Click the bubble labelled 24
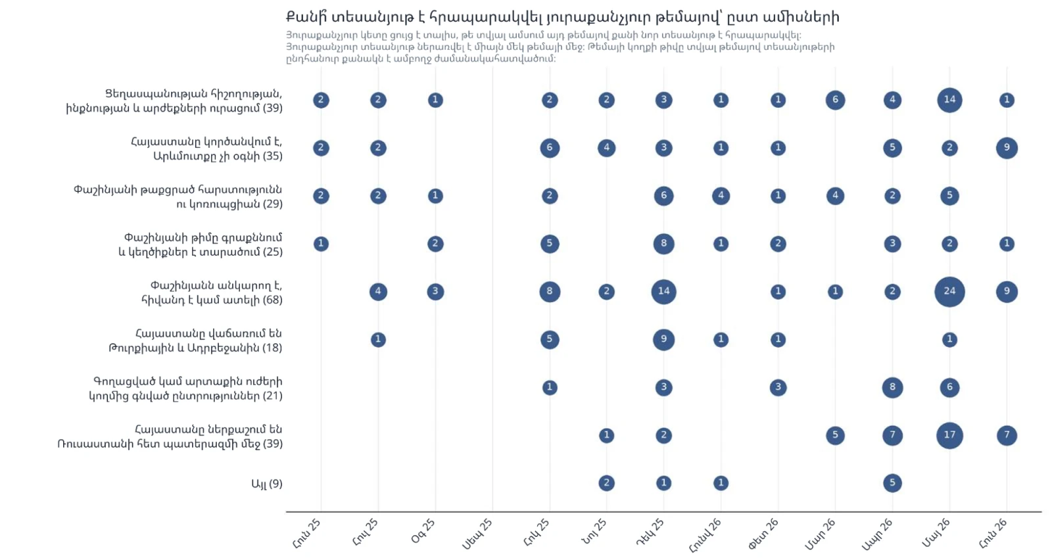pyautogui.click(x=949, y=291)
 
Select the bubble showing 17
pyautogui.click(x=949, y=435)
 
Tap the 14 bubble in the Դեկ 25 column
pyautogui.click(x=663, y=291)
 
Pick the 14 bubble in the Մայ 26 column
pyautogui.click(x=949, y=100)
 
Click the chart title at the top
pyautogui.click(x=562, y=17)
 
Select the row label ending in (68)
pyautogui.click(x=211, y=292)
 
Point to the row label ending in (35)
pyautogui.click(x=206, y=149)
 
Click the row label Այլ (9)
pyautogui.click(x=267, y=484)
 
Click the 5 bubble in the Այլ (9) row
pyautogui.click(x=892, y=483)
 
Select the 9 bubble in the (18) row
pyautogui.click(x=663, y=339)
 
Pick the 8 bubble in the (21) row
pyautogui.click(x=892, y=387)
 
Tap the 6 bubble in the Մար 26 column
pyautogui.click(x=835, y=100)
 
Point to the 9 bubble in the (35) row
pyautogui.click(x=1007, y=148)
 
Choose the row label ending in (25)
pyautogui.click(x=201, y=245)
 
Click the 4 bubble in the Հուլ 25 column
pyautogui.click(x=378, y=291)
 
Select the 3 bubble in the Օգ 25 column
pyautogui.click(x=435, y=291)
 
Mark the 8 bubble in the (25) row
pyautogui.click(x=663, y=244)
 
